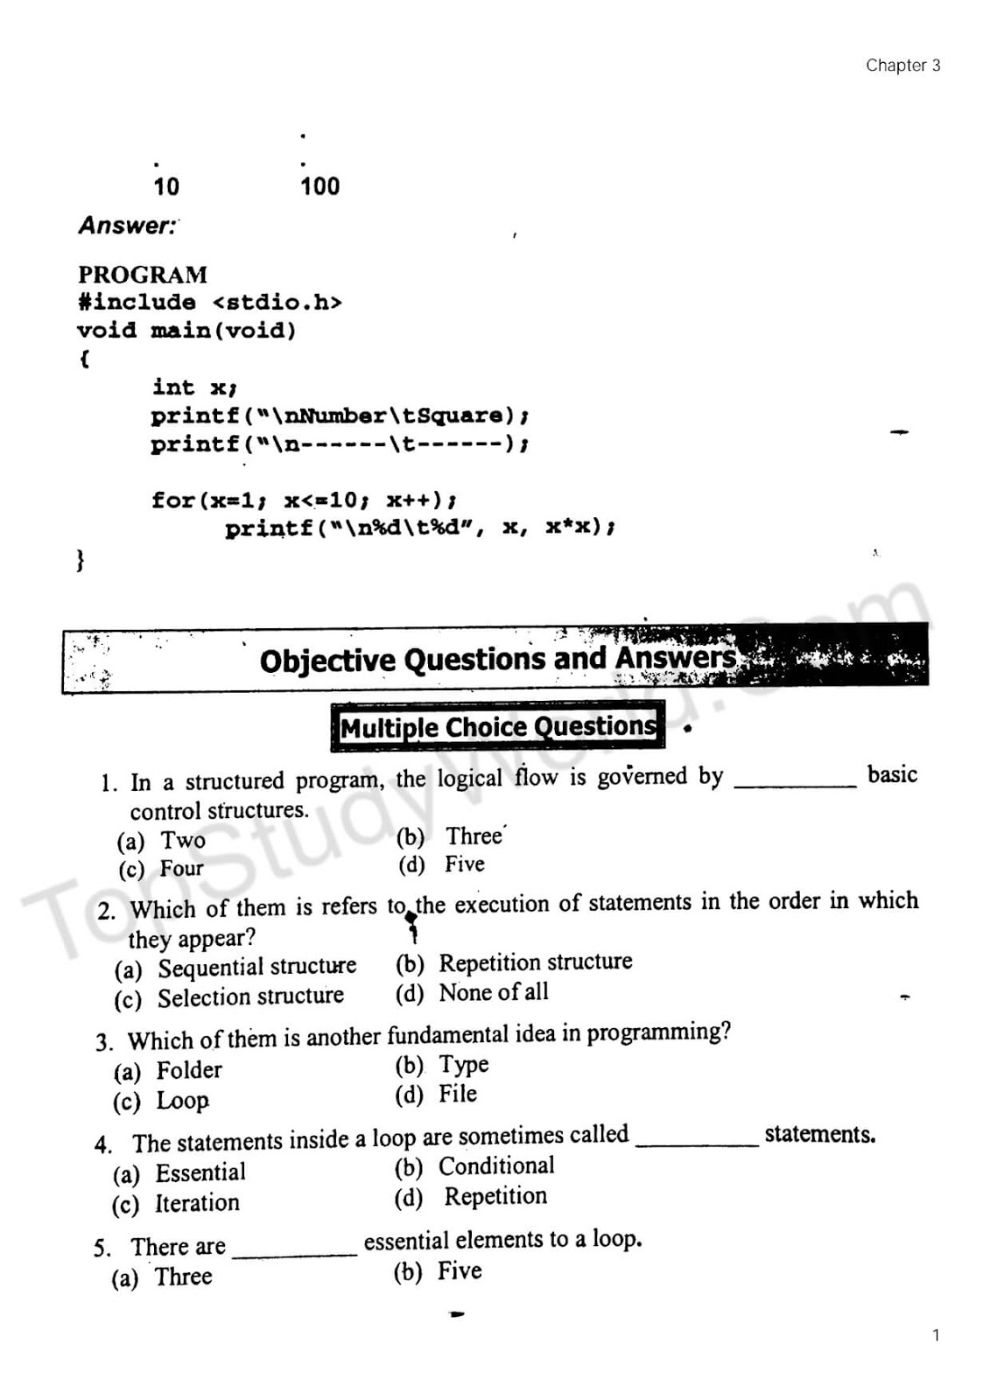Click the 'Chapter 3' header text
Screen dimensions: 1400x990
[902, 66]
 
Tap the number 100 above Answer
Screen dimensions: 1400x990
[319, 186]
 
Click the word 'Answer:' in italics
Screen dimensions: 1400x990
[128, 226]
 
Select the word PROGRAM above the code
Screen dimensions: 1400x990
[143, 275]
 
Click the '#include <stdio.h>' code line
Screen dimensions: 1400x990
[209, 303]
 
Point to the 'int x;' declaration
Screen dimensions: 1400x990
[194, 387]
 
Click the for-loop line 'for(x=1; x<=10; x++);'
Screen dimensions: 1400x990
[304, 500]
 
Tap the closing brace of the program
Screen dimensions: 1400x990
[81, 559]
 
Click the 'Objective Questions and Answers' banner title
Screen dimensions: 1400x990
[498, 659]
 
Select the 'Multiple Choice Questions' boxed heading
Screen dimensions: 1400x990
[497, 726]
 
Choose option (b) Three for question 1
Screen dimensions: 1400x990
[474, 836]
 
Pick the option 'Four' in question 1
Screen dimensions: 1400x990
[181, 869]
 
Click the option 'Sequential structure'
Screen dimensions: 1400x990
[256, 967]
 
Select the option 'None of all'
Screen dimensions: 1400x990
[494, 992]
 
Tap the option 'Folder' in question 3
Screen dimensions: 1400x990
[189, 1070]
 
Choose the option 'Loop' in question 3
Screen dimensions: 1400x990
[182, 1101]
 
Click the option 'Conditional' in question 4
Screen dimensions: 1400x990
[496, 1166]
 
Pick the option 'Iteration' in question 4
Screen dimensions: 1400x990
[197, 1203]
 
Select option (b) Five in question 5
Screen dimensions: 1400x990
[460, 1271]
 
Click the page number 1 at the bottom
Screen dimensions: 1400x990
[936, 1335]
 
